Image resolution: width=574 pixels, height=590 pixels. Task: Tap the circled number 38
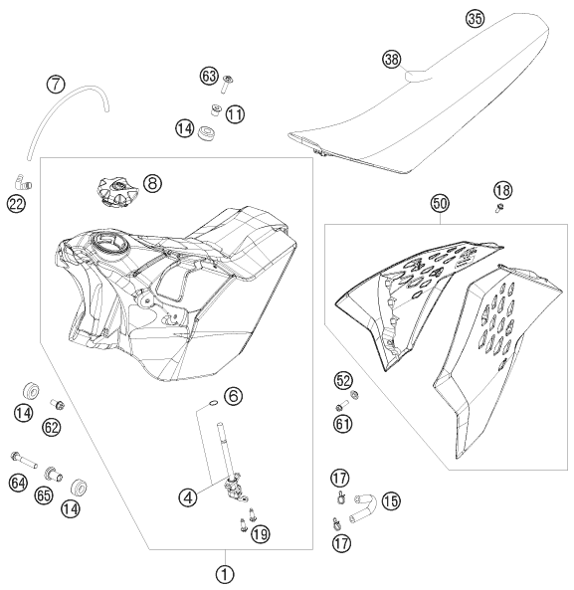coord(394,60)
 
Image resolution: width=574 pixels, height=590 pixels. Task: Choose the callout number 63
coord(209,76)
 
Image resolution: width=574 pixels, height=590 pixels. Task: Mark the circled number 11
coord(235,114)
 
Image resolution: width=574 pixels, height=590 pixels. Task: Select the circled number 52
coord(343,379)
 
